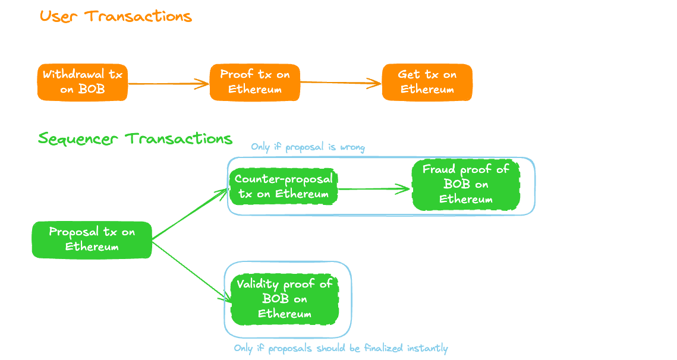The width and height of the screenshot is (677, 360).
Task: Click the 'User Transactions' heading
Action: point(116,16)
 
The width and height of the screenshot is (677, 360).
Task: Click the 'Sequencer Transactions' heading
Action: point(135,139)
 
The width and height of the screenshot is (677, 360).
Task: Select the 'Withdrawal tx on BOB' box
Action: point(83,82)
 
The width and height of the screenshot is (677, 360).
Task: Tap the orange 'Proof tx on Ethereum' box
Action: point(255,82)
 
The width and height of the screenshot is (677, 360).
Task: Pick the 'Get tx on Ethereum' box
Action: point(427,82)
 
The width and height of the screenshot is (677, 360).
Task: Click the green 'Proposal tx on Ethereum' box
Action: point(92,239)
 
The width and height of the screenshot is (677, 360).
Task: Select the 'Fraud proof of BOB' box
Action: point(465,184)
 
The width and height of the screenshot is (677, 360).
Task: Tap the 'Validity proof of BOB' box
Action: point(285,299)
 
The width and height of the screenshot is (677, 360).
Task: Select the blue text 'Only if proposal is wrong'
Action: point(308,147)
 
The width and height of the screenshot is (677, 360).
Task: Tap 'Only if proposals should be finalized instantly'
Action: point(341,348)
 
